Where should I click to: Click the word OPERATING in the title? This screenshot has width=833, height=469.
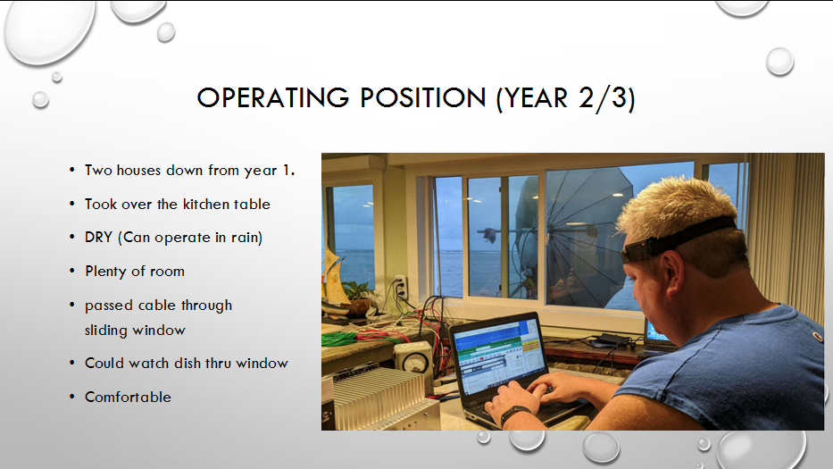pos(273,98)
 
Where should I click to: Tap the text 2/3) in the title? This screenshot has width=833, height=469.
pos(607,98)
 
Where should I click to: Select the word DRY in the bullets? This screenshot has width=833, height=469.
pos(98,237)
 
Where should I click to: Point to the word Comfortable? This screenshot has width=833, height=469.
pos(128,398)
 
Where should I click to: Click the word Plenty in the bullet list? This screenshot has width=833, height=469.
pos(105,272)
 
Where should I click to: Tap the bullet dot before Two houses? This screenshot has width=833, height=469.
pos(72,170)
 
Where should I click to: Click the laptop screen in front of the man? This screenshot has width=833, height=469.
pos(498,355)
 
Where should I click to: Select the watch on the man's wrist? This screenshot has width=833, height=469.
pos(513,415)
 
